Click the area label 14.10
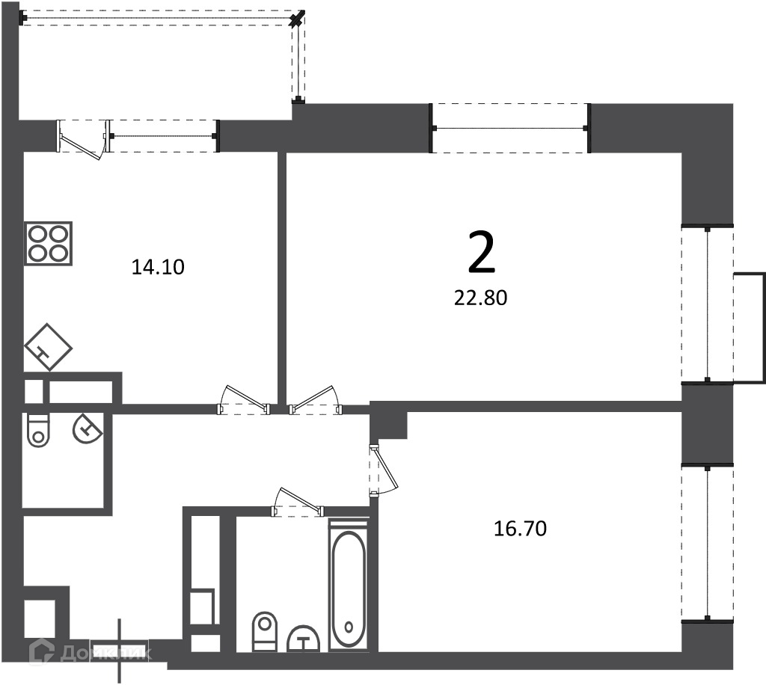point(158,267)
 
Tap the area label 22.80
point(481,298)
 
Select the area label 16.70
point(521,528)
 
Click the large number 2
point(481,253)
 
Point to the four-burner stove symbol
point(49,244)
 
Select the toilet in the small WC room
point(39,430)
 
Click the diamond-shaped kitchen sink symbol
point(48,347)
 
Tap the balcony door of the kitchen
point(82,139)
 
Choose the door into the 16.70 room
point(383,469)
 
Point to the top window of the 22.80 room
point(510,128)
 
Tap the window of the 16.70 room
point(708,543)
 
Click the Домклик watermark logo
point(91,654)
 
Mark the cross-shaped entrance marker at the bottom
point(119,651)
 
